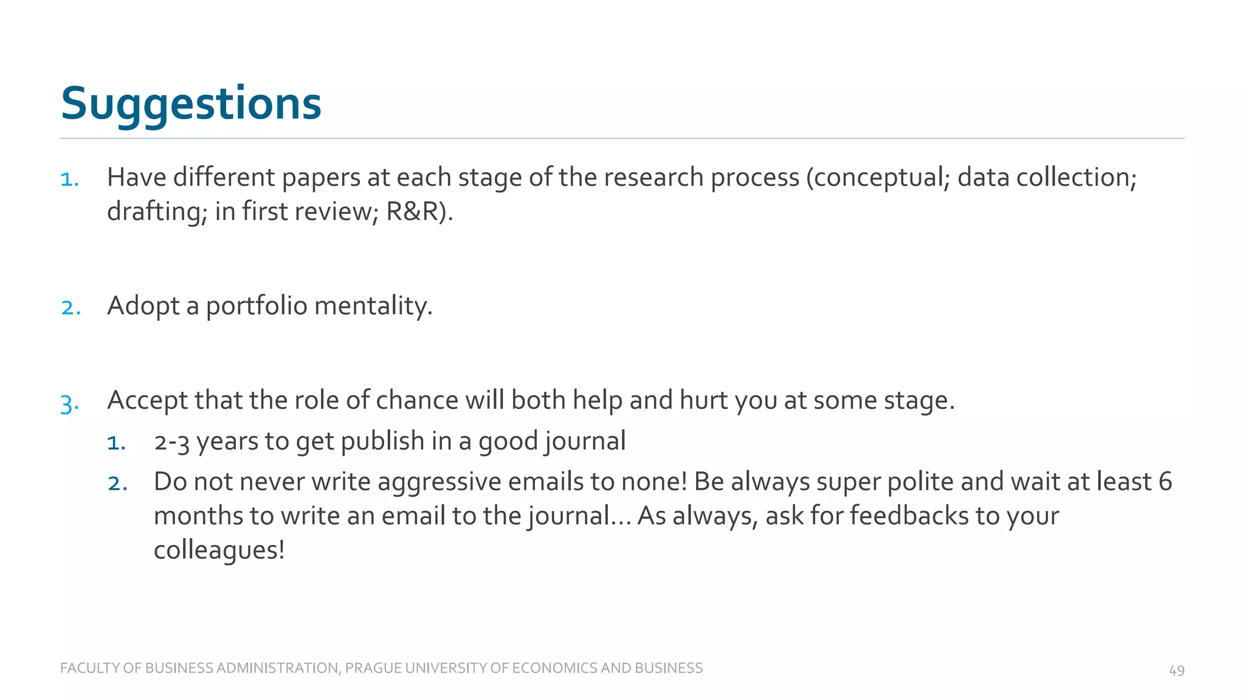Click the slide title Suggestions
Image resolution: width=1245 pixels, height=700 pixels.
tap(191, 104)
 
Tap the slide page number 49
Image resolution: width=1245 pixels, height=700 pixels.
tap(1176, 670)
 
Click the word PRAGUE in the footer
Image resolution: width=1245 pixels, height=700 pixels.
tap(373, 668)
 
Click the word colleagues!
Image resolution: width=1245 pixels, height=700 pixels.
tap(219, 551)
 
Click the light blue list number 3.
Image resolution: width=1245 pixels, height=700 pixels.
tap(69, 403)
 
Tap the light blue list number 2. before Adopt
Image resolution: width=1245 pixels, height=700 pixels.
tap(71, 307)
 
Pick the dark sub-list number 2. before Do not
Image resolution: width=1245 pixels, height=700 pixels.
tap(117, 484)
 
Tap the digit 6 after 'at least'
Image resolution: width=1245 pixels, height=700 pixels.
tap(1165, 482)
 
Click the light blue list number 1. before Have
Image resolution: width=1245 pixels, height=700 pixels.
tap(69, 179)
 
